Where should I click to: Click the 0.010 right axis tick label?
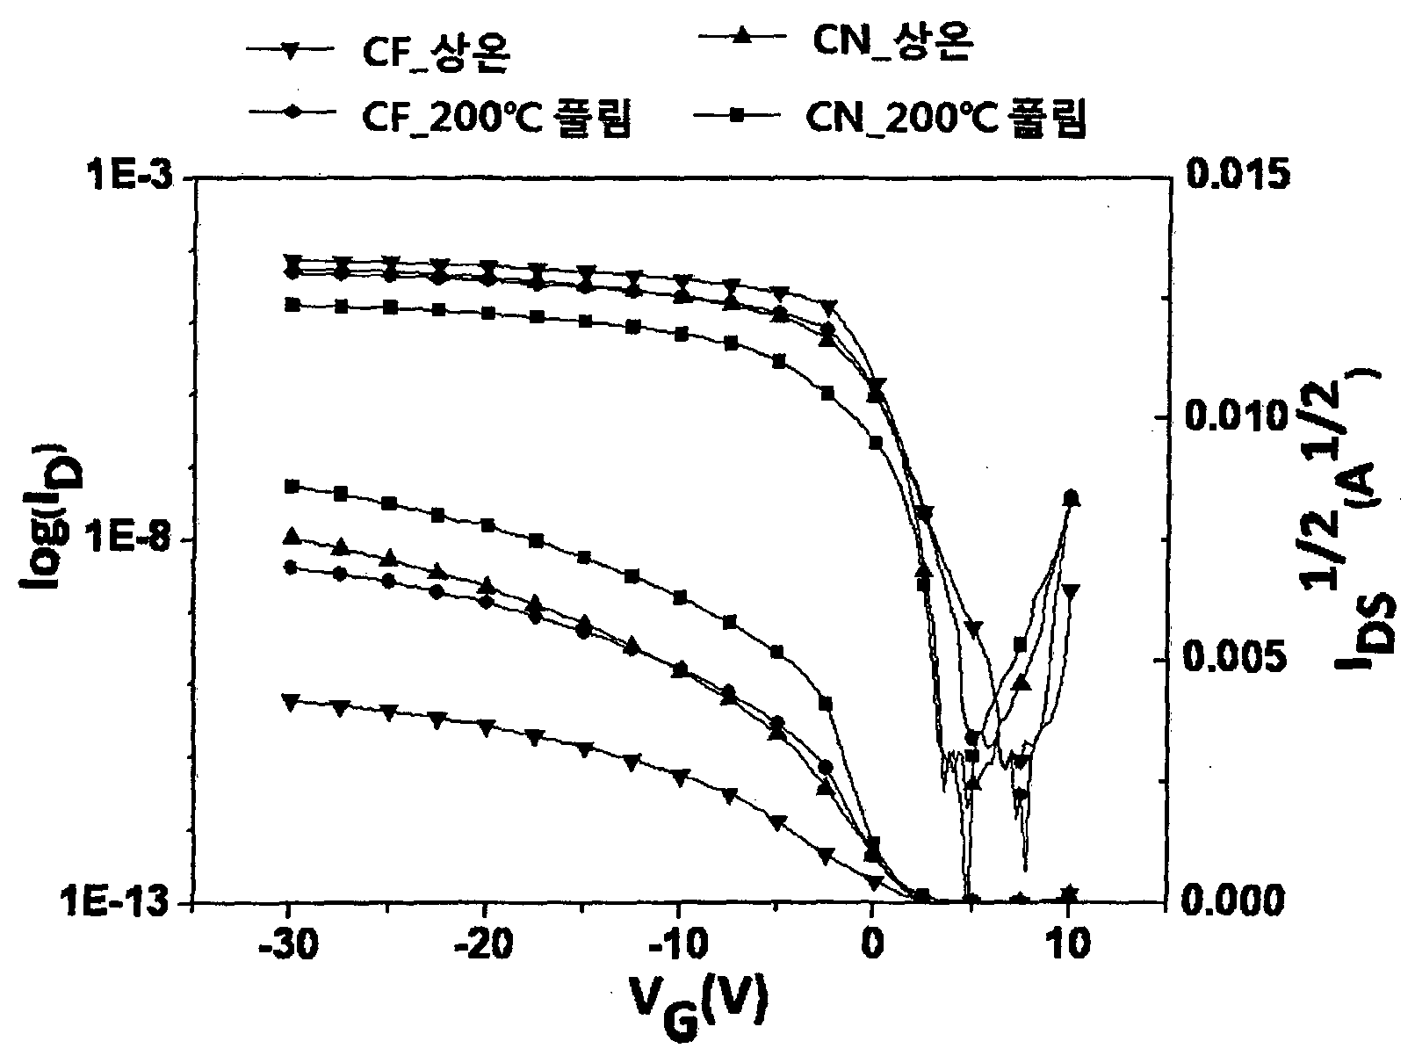click(x=1237, y=416)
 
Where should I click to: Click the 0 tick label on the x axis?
click(x=872, y=945)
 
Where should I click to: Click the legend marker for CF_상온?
click(x=290, y=53)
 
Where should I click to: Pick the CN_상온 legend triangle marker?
click(x=742, y=37)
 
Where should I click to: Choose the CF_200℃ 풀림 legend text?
click(x=495, y=119)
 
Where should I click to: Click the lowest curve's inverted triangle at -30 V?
click(x=292, y=702)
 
